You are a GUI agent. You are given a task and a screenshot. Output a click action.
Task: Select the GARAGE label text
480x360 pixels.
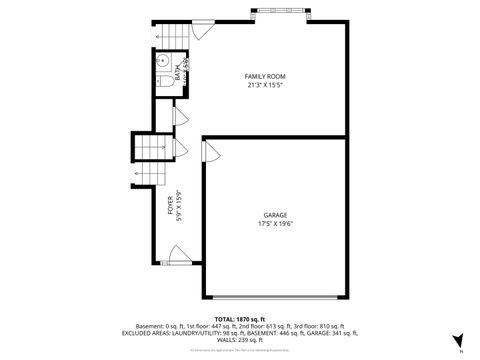point(275,215)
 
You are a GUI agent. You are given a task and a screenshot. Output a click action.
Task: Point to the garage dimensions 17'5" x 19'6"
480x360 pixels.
point(275,224)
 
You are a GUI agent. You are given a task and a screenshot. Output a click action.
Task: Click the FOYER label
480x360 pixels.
point(170,206)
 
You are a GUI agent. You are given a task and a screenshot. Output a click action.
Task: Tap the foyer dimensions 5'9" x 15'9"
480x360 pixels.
point(179,206)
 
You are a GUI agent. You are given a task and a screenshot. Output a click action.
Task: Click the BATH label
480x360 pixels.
point(178,72)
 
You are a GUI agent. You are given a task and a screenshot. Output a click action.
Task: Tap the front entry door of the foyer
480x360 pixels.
point(178,261)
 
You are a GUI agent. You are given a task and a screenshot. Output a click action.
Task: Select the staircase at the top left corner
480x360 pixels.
point(172,36)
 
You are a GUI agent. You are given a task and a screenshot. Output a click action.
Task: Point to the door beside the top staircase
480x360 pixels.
point(202,30)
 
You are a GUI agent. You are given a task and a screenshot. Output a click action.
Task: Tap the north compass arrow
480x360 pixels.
point(457,340)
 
